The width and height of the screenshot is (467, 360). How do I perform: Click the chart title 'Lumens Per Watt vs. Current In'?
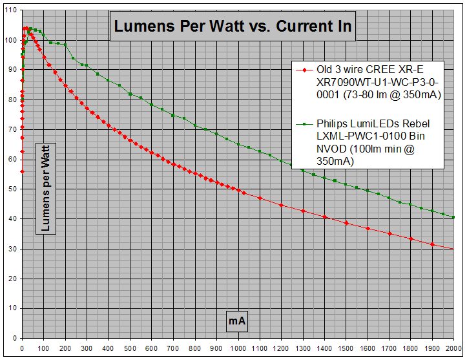point(233,26)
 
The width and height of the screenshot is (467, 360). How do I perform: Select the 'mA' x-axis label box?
point(238,320)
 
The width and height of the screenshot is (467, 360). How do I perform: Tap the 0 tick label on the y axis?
point(14,338)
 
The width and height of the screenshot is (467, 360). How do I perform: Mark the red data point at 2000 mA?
point(453,249)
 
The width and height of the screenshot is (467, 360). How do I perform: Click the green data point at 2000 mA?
point(453,217)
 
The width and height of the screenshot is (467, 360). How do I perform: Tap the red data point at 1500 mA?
point(346,223)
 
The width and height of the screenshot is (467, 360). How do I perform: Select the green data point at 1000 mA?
point(238,144)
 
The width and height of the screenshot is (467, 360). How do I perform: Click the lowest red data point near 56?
point(23,171)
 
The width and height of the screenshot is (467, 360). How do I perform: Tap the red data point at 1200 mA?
point(282,205)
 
